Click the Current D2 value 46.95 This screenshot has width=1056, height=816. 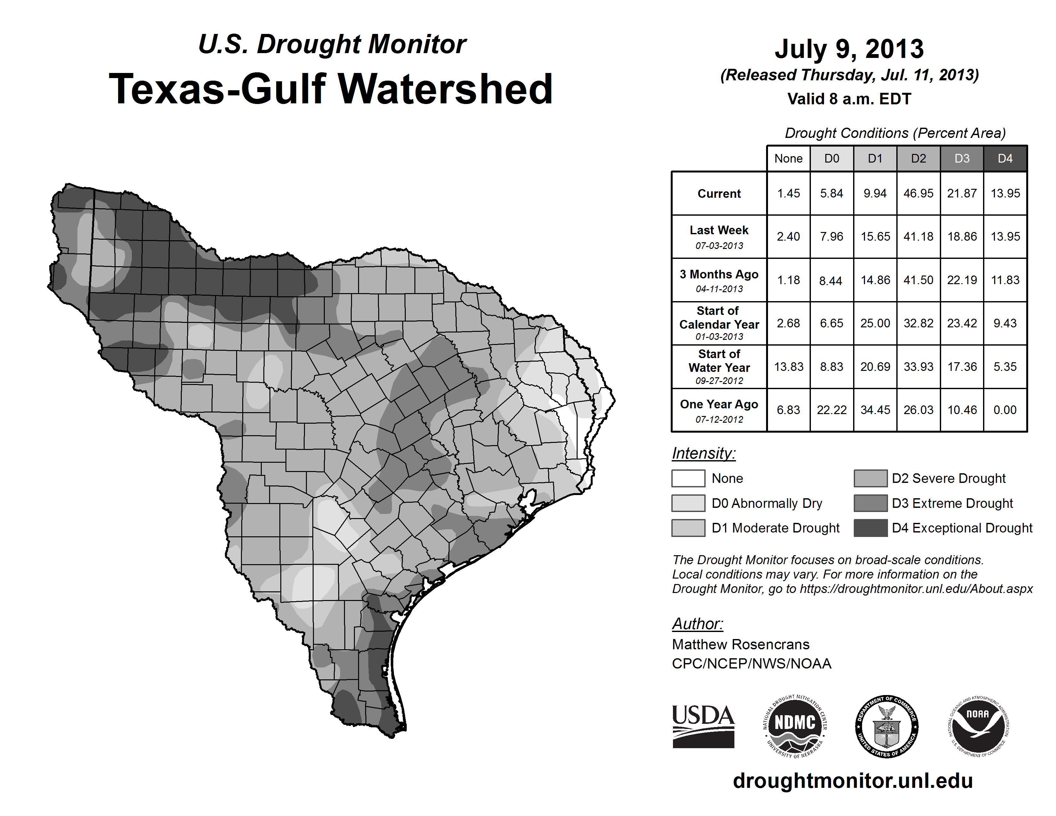tap(918, 193)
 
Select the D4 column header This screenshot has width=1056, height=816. tap(1005, 158)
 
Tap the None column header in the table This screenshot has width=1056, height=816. tap(788, 158)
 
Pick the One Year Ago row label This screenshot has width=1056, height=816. tap(719, 410)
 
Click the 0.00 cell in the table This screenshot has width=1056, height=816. tap(1005, 410)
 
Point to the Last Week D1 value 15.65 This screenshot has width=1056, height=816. tap(875, 236)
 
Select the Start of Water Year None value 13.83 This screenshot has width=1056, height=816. tap(788, 367)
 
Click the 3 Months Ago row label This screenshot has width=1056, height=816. tap(719, 280)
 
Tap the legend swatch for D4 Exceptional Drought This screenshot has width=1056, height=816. tap(870, 528)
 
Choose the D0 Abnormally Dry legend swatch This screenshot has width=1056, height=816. tap(688, 503)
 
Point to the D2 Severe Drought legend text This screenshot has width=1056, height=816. tap(949, 479)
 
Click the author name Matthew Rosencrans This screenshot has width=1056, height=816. tap(740, 644)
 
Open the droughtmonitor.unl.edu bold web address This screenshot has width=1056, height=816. tap(853, 781)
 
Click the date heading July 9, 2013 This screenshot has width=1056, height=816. tap(849, 49)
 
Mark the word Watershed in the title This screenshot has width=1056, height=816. tap(445, 89)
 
